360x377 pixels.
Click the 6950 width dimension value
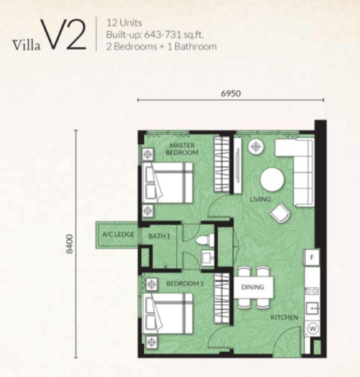pos(231,93)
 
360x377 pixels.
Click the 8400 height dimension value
pos(69,244)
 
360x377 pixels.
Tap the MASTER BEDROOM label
pos(182,148)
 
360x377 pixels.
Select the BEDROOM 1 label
pos(185,284)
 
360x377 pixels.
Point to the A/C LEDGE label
pos(118,234)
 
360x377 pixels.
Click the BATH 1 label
pos(159,236)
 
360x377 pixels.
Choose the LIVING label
pos(261,200)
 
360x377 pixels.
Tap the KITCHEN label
pos(284,318)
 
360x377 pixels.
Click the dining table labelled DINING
pos(253,288)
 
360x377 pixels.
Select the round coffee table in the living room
pos(272,179)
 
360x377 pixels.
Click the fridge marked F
pos(312,257)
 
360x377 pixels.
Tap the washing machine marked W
pos(312,329)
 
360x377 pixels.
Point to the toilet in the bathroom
pos(205,239)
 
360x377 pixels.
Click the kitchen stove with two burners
pos(312,291)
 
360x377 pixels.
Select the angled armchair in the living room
pos(280,213)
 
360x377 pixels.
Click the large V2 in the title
pos(64,35)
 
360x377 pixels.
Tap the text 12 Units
pos(125,23)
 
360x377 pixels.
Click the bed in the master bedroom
pos(167,182)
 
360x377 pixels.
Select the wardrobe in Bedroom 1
pos(222,298)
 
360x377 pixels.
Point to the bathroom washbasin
pos(207,258)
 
